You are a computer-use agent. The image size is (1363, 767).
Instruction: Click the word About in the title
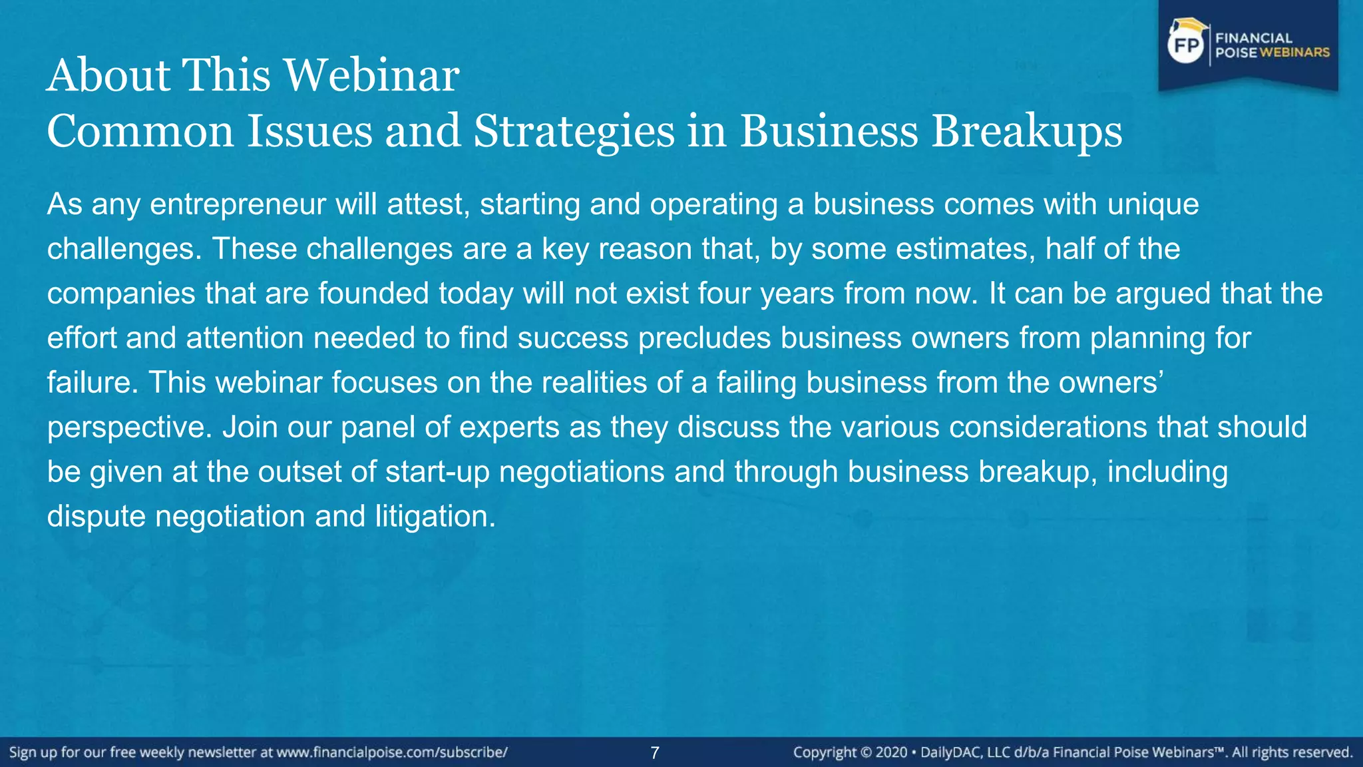[x=109, y=75]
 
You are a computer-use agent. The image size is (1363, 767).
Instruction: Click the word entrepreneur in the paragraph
[x=237, y=204]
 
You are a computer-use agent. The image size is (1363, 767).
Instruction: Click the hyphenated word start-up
[x=437, y=472]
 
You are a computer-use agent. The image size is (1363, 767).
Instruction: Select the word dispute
[x=96, y=517]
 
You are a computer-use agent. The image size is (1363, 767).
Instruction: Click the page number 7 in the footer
[x=655, y=753]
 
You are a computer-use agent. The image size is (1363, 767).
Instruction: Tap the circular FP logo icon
[x=1187, y=45]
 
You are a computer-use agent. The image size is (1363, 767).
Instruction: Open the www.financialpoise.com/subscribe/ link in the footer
[x=392, y=753]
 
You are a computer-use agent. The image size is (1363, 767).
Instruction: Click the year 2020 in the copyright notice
[x=891, y=753]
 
